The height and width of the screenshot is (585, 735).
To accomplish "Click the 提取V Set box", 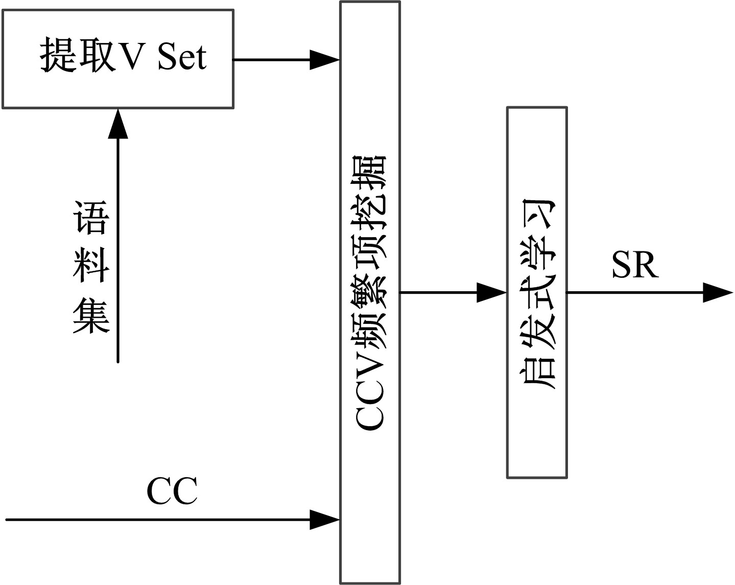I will (118, 59).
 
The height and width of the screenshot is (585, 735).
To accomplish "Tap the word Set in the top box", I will (182, 57).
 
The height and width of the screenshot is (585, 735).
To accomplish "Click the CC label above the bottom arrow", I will (172, 492).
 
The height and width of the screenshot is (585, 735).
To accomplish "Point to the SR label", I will (635, 265).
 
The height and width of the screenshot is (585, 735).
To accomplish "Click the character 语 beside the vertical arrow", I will (91, 218).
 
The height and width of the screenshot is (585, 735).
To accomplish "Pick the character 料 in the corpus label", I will (91, 266).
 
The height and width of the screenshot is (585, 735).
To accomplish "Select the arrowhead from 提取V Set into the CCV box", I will (325, 60).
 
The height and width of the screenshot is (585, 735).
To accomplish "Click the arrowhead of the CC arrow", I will (325, 520).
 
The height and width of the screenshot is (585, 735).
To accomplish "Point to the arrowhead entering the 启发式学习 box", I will (491, 293).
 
